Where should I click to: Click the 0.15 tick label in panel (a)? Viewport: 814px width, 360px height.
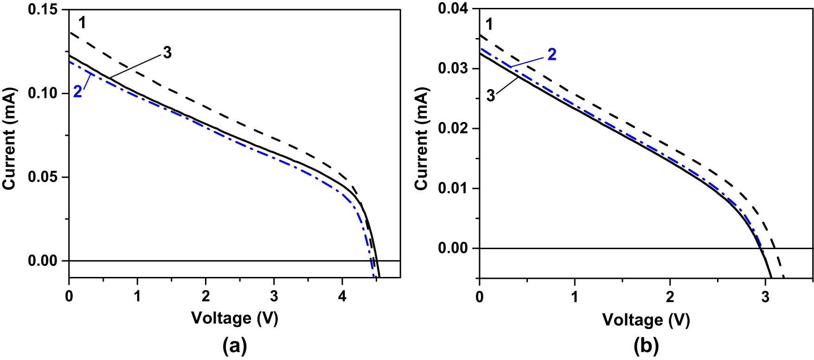(x=46, y=10)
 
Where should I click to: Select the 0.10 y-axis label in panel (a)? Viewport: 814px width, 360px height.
(x=46, y=94)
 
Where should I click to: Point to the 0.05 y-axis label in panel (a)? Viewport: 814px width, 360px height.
(x=46, y=177)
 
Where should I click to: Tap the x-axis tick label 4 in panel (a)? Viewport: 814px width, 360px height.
(x=342, y=296)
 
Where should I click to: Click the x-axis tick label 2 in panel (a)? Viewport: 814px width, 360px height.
(x=205, y=296)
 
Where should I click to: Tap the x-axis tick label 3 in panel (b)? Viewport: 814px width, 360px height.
(x=765, y=297)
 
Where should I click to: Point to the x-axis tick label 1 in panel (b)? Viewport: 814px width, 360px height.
(x=575, y=297)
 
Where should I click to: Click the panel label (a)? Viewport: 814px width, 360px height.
(x=235, y=345)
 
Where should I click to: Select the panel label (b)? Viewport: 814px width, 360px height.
(x=646, y=345)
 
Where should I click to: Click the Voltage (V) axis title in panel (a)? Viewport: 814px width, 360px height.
(x=235, y=318)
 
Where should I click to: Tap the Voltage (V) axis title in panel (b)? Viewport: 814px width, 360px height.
(x=646, y=320)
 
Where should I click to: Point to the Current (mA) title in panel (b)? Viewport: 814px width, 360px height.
(x=421, y=139)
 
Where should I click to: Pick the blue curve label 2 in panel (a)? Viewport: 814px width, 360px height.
(x=77, y=92)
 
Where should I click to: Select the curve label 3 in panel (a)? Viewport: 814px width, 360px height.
(x=167, y=53)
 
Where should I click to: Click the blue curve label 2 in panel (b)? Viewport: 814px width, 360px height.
(x=551, y=54)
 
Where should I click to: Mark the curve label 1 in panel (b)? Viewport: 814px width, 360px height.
(x=489, y=24)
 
